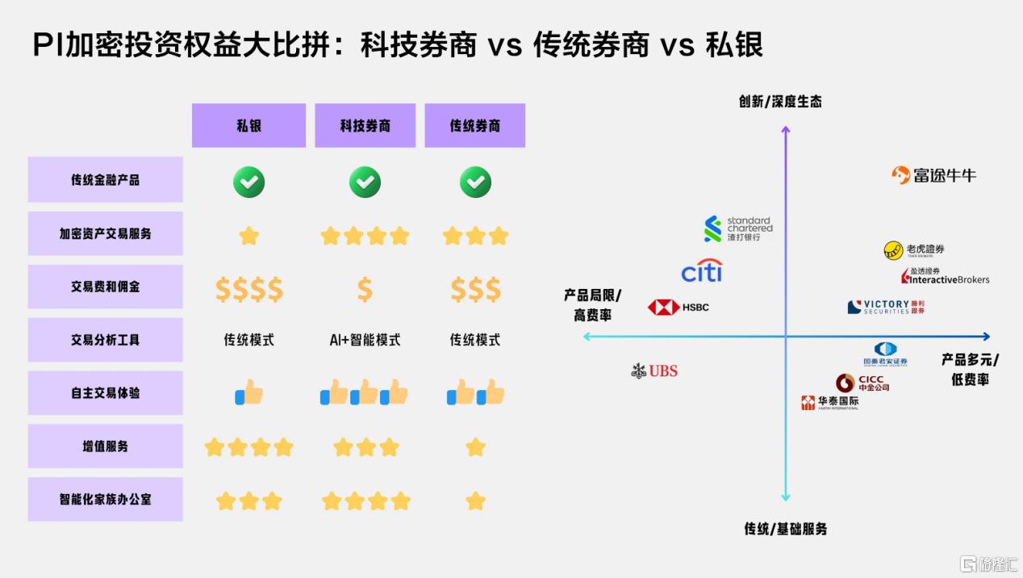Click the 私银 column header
(x=248, y=125)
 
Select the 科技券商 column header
(x=365, y=125)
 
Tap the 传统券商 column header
(x=474, y=125)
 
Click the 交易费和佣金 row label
(x=105, y=287)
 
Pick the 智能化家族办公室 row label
(x=105, y=499)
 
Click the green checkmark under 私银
(x=248, y=182)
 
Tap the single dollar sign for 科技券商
(x=365, y=289)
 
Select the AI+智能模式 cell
(x=365, y=340)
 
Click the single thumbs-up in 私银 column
(x=249, y=393)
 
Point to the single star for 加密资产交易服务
(x=249, y=236)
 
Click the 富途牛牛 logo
(x=933, y=175)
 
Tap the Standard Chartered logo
(x=737, y=228)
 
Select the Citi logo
(x=701, y=271)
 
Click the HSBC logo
(x=679, y=308)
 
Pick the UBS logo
(x=654, y=371)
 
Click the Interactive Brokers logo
(x=945, y=276)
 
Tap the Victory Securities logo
(x=886, y=307)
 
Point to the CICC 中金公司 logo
(x=862, y=383)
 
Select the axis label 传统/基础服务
(x=785, y=529)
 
